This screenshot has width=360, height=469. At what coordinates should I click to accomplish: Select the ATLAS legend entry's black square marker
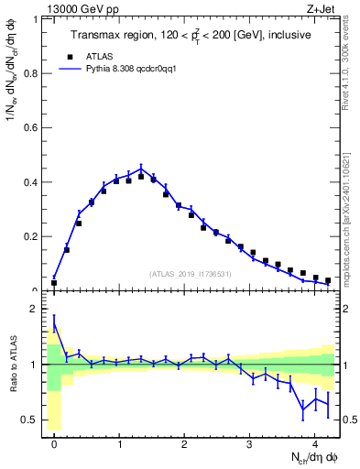tap(78, 54)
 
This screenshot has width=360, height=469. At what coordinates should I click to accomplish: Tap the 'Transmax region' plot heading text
tap(190, 35)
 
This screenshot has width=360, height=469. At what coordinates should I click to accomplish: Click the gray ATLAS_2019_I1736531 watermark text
tap(190, 274)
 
